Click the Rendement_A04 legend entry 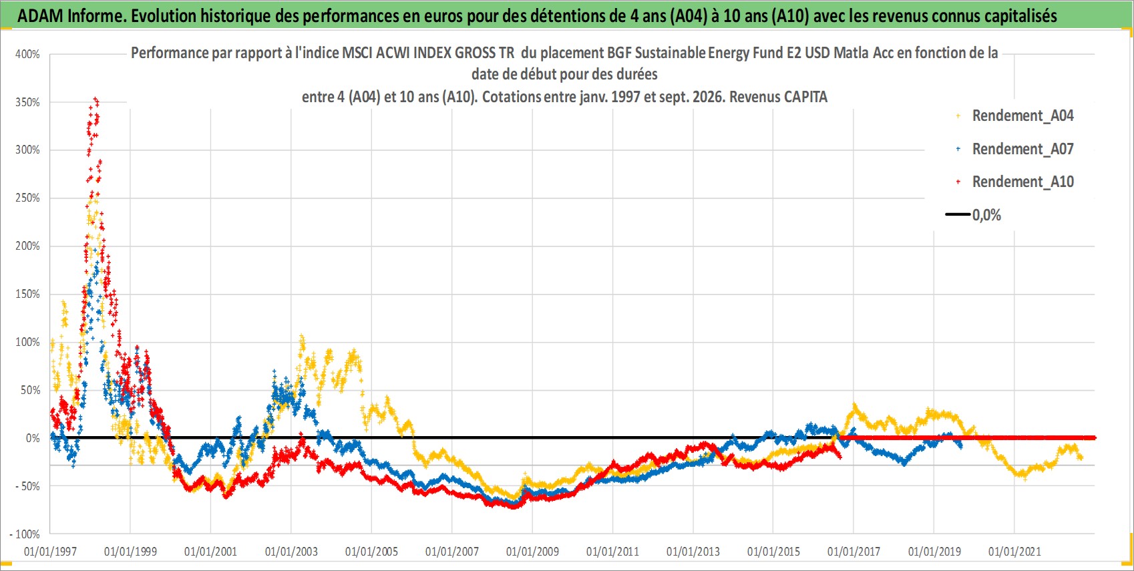[1014, 116]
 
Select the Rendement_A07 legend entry [1014, 150]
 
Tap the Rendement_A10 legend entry [1014, 182]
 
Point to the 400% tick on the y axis [27, 54]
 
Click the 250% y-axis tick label [27, 198]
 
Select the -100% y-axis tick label [24, 534]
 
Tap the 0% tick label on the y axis [33, 438]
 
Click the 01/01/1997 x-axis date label [50, 552]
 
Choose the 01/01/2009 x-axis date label [532, 552]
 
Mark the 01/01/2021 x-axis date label [1014, 552]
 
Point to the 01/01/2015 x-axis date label [773, 552]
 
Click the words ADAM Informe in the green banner [71, 16]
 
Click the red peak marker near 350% [96, 100]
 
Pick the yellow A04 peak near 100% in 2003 [302, 337]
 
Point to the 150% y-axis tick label [27, 294]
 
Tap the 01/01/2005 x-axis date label [371, 552]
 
